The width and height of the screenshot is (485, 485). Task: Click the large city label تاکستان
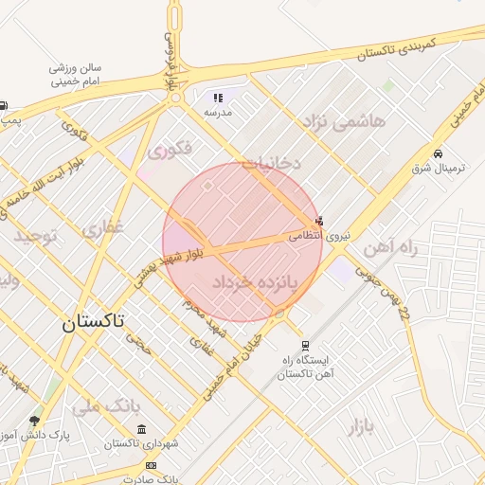click(93, 322)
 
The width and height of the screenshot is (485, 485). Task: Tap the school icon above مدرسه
click(217, 98)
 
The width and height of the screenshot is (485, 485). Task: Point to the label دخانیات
click(270, 163)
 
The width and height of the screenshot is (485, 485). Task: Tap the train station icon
click(305, 347)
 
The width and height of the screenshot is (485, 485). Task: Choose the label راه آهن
click(389, 248)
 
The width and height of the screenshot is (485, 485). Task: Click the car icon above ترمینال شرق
click(438, 153)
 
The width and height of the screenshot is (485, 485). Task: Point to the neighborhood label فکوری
click(171, 149)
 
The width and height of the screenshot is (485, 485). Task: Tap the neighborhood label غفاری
click(102, 228)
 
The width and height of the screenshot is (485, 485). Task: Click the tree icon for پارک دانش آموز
click(36, 421)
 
